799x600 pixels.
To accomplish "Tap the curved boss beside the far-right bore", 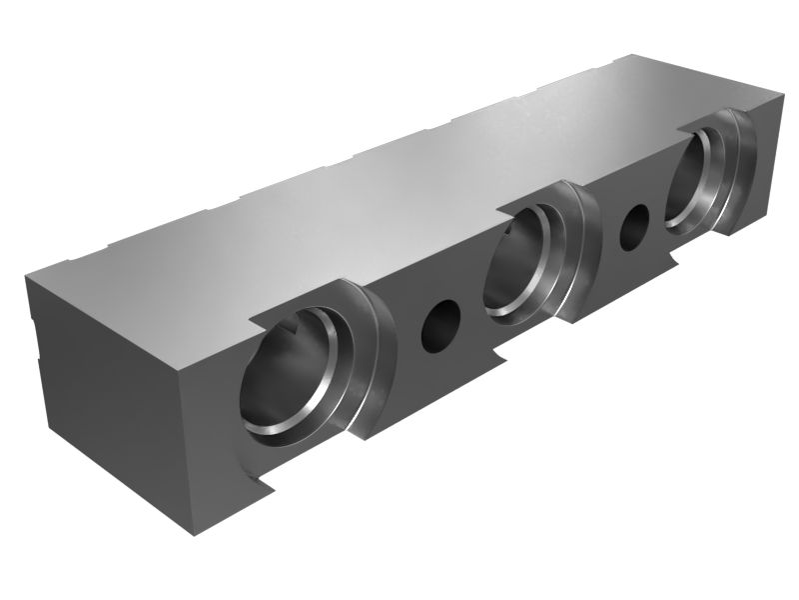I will point(744,170).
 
